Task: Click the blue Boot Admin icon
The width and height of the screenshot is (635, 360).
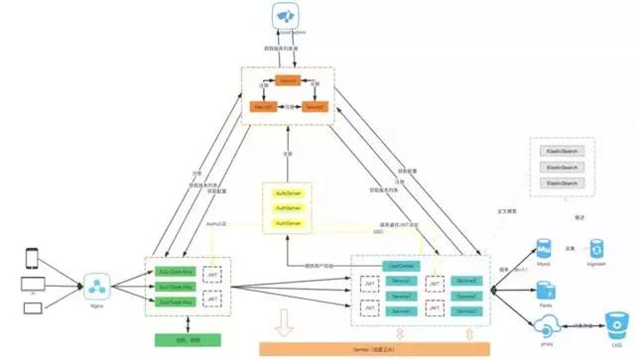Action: (287, 16)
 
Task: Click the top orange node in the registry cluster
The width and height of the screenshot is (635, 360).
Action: (288, 79)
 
